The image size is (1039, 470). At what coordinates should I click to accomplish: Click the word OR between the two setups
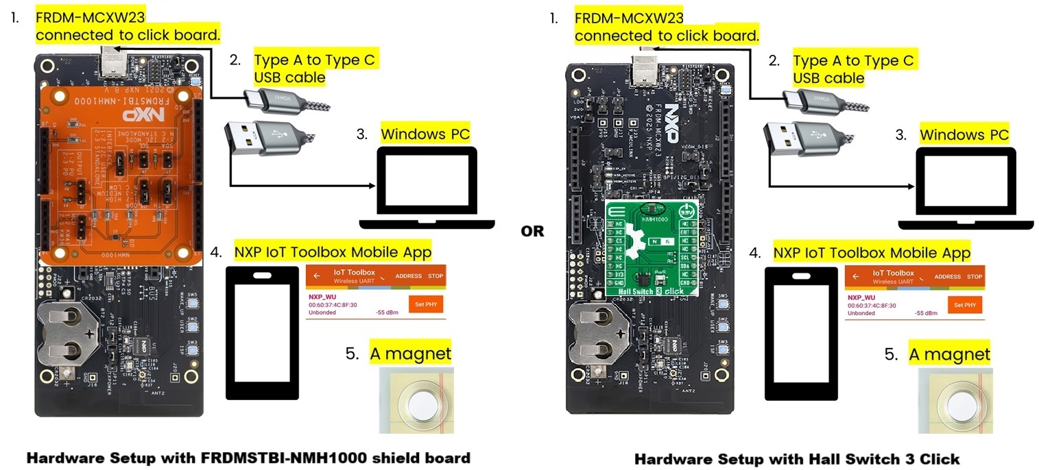coord(532,232)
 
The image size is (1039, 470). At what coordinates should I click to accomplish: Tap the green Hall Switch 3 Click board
coord(651,251)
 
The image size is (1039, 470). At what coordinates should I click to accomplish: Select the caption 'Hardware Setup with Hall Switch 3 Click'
coord(797,458)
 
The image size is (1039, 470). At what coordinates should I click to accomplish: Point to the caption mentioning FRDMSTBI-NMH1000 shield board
coord(248,458)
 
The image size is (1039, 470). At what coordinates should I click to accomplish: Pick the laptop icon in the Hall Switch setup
coord(966,190)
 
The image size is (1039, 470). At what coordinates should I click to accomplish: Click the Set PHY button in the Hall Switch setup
coord(965,305)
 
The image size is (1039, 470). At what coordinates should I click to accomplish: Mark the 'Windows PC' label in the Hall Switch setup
coord(964,134)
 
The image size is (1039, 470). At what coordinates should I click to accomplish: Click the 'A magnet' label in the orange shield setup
coord(410,354)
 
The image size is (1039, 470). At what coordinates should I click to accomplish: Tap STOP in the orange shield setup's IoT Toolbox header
coord(435,277)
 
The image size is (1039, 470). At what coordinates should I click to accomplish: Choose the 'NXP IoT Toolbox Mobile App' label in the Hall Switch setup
coord(872,253)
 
